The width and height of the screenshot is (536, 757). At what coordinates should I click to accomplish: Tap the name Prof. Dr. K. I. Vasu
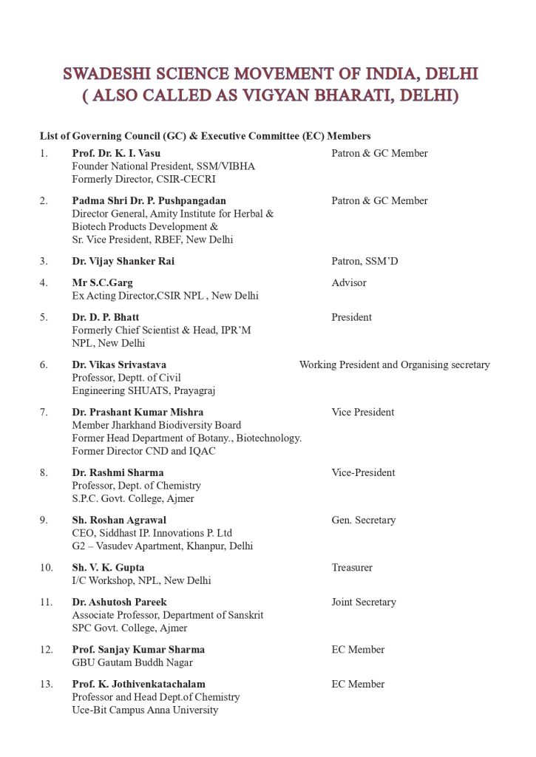click(x=116, y=153)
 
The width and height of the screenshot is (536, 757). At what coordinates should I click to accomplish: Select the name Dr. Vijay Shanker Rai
click(x=123, y=261)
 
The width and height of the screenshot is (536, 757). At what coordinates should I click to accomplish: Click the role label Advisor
click(x=348, y=282)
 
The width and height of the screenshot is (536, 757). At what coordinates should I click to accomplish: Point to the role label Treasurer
click(x=352, y=568)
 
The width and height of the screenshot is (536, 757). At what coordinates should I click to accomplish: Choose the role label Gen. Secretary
click(x=363, y=520)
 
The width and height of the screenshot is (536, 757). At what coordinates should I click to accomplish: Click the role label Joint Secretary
click(x=363, y=602)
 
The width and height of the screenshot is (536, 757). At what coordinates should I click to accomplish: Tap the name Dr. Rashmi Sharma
click(x=118, y=472)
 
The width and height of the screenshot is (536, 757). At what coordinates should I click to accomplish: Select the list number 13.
click(x=47, y=685)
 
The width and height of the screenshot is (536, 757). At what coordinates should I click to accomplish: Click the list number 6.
click(x=44, y=364)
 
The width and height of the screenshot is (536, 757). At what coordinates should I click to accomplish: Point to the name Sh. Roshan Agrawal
click(x=119, y=520)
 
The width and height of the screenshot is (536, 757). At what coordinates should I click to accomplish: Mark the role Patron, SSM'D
click(x=364, y=261)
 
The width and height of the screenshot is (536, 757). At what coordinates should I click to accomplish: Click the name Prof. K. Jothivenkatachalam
click(x=138, y=685)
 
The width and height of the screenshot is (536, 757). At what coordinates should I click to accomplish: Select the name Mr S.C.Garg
click(x=102, y=282)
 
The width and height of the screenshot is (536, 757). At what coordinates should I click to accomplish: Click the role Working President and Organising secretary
click(x=394, y=364)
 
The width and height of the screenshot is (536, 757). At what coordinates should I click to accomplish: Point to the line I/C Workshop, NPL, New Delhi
click(x=141, y=581)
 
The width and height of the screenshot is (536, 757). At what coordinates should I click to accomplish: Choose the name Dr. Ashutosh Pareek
click(x=119, y=602)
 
